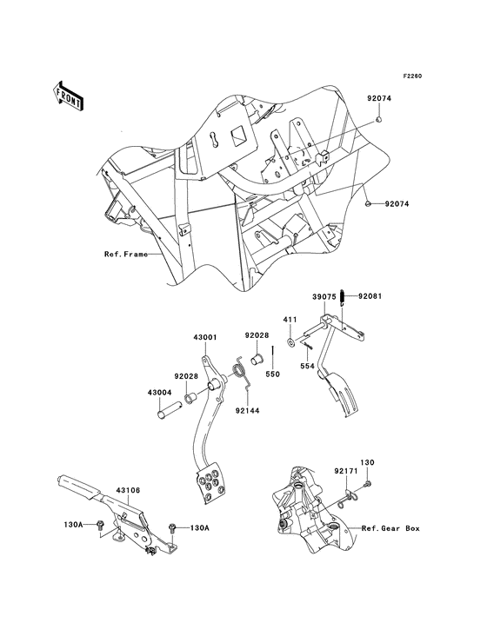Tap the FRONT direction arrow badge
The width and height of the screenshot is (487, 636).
[69, 94]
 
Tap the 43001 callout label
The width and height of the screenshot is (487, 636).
[204, 337]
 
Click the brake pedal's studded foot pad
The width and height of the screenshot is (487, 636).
[210, 483]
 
